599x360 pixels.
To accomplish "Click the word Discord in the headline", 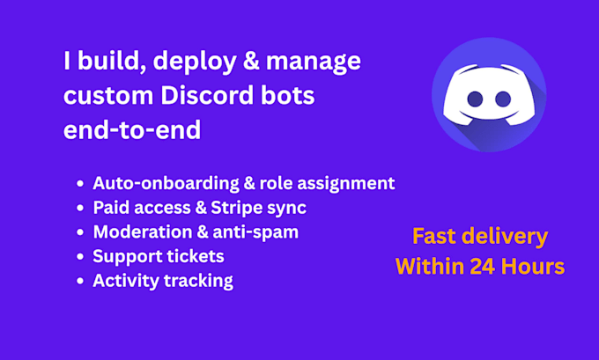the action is (207, 95).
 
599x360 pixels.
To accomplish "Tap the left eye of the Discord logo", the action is (475, 99).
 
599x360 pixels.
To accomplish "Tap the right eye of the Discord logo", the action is (503, 99).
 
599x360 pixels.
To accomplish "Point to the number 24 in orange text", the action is (483, 266).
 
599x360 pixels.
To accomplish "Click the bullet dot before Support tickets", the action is (80, 256).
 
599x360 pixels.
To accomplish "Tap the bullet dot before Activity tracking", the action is (80, 281).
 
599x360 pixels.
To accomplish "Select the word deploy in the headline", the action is (195, 62).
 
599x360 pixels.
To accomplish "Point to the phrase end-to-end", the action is (132, 129).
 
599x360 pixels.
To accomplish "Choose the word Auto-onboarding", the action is (166, 184).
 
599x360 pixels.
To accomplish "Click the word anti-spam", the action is (255, 232).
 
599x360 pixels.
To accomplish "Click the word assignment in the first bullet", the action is (346, 184).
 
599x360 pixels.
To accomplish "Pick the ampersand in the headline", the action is (251, 61).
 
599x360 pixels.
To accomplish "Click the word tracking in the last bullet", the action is (198, 282).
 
